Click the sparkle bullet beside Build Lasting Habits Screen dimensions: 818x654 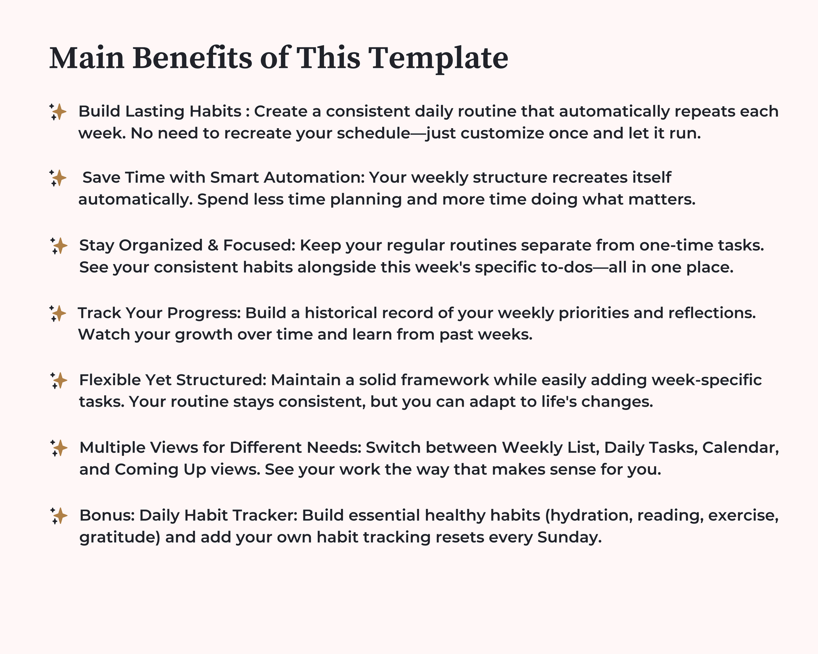click(x=58, y=112)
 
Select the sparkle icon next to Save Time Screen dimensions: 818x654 click(x=58, y=178)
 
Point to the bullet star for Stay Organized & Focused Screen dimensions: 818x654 click(x=58, y=246)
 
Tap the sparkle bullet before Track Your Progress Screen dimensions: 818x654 click(x=58, y=313)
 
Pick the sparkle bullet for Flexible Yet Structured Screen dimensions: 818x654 click(x=58, y=381)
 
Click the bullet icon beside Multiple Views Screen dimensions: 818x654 click(x=58, y=448)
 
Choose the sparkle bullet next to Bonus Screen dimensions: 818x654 click(x=58, y=516)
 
